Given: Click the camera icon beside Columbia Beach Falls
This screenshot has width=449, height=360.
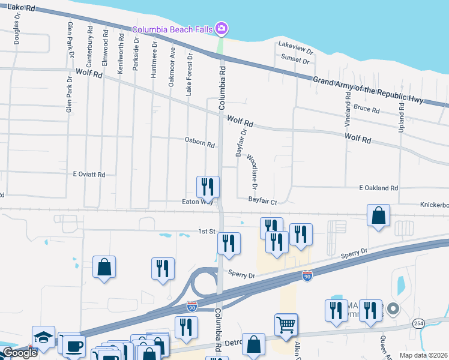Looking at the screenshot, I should (x=221, y=28).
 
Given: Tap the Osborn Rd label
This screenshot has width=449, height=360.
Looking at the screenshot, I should (x=200, y=144).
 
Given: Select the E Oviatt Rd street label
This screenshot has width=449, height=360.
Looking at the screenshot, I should (x=89, y=175).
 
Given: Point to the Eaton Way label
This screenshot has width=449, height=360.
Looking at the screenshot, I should (x=197, y=202).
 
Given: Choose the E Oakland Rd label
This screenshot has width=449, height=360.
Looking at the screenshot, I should (x=378, y=188).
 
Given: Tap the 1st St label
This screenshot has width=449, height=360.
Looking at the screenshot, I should (x=207, y=231).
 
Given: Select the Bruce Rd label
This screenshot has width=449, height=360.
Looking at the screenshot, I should (x=367, y=110).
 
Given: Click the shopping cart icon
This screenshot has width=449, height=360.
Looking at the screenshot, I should (x=286, y=325).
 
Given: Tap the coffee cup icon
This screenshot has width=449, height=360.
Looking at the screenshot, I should (x=75, y=346).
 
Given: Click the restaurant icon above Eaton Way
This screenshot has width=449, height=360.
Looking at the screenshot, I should (x=208, y=186).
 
